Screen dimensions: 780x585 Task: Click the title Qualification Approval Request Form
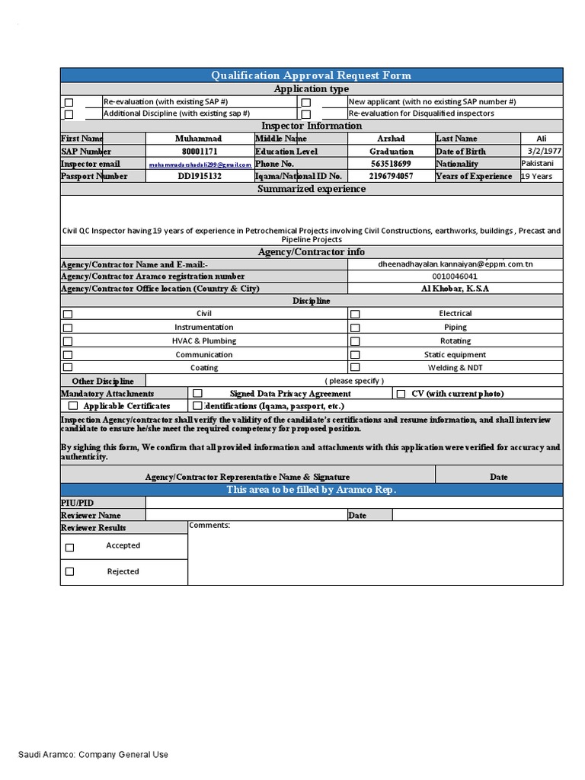tap(312, 75)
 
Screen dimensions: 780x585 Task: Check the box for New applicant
tap(305, 102)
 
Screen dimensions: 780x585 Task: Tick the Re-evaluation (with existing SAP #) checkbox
tap(69, 102)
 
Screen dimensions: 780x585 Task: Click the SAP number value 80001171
tap(199, 152)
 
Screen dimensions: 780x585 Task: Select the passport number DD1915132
tap(199, 176)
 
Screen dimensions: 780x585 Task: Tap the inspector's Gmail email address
tap(200, 165)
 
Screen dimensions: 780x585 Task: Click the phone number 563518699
tap(391, 164)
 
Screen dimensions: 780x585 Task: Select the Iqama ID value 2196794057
tap(391, 176)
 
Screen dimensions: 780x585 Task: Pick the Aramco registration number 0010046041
tap(455, 277)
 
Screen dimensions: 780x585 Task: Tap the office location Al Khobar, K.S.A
tap(455, 289)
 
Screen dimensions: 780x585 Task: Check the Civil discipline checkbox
tap(68, 314)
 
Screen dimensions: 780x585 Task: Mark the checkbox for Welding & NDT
tap(355, 368)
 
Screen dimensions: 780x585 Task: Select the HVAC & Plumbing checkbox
tap(68, 341)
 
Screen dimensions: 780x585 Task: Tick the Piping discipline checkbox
tap(355, 328)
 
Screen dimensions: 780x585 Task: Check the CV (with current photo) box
tap(401, 394)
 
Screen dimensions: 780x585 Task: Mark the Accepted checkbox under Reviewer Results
tap(69, 547)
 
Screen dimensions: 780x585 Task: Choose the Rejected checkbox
tap(69, 571)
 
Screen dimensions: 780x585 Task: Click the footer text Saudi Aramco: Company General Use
tap(93, 755)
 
